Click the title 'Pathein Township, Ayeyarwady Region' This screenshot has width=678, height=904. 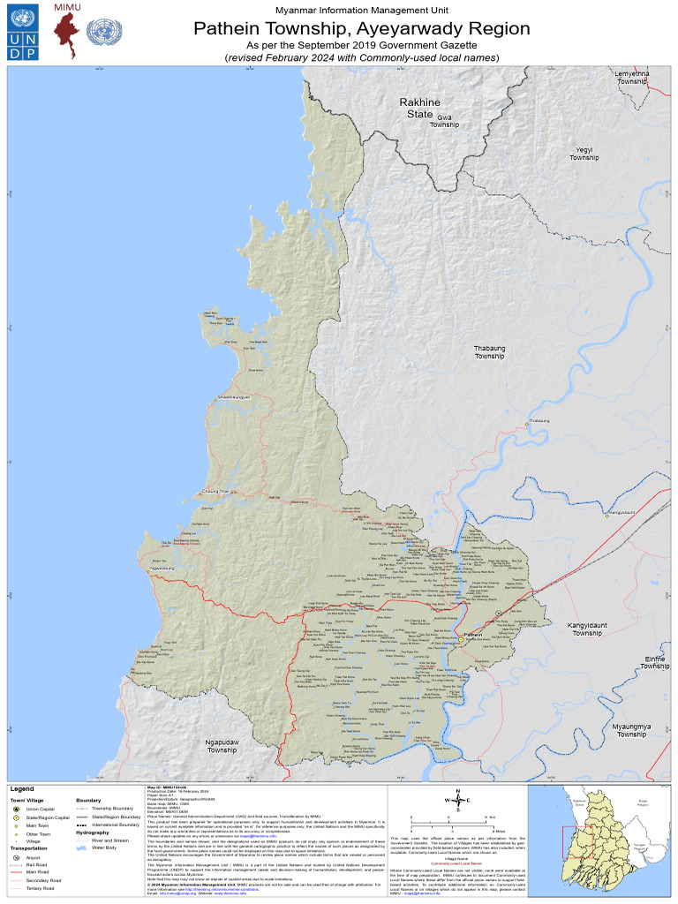click(x=362, y=28)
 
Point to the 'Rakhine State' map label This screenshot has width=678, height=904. click(x=419, y=108)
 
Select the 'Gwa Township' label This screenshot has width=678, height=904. click(x=444, y=121)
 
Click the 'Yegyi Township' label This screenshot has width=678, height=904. click(x=584, y=154)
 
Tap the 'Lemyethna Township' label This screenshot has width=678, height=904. click(x=632, y=77)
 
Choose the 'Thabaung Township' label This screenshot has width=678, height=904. click(x=489, y=352)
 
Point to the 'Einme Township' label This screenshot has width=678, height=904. click(x=654, y=662)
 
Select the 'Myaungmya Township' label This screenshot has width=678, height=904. click(x=631, y=730)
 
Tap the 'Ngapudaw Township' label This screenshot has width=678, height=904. click(x=222, y=746)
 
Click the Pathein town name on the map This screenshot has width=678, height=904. click(x=473, y=635)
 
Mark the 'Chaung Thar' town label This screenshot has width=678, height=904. click(x=215, y=491)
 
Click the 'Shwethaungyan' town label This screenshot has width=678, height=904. click(x=234, y=398)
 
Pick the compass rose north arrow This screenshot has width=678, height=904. click(x=456, y=801)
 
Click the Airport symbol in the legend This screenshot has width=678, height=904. click(x=15, y=857)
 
